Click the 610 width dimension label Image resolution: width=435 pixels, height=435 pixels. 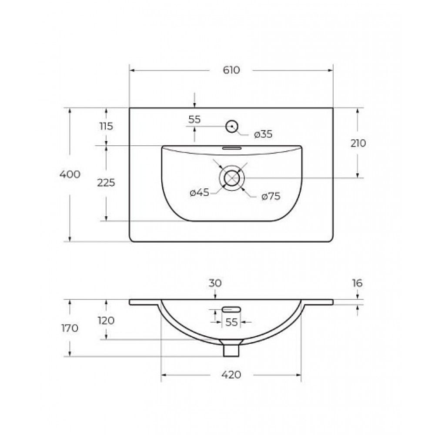click(231, 70)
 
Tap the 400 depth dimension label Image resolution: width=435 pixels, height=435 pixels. click(70, 174)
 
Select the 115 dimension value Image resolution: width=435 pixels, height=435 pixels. click(106, 127)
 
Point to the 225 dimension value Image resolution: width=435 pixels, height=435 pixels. click(106, 183)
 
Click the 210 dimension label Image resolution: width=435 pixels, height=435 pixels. click(358, 144)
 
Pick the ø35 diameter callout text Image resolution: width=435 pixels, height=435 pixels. click(263, 134)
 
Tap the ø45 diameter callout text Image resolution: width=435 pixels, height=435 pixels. click(199, 192)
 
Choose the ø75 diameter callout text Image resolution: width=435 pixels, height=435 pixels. click(271, 197)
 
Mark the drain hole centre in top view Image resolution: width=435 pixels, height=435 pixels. click(232, 178)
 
